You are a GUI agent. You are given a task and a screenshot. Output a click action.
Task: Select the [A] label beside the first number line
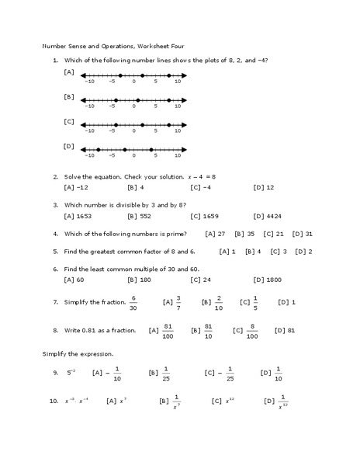(x=69, y=72)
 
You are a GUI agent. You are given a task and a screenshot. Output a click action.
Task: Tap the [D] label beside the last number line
(x=69, y=145)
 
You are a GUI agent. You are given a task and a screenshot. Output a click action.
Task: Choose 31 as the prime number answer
(x=308, y=233)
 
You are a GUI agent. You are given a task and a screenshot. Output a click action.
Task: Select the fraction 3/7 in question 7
(x=178, y=301)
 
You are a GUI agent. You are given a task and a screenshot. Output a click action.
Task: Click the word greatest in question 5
(x=108, y=251)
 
